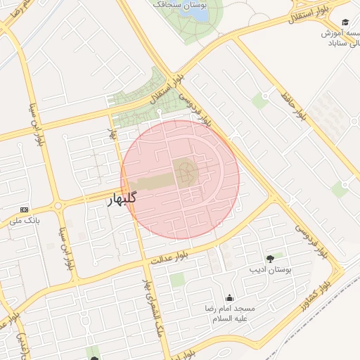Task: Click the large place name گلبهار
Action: [121, 198]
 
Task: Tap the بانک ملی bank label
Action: [22, 221]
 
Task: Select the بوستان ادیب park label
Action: [271, 270]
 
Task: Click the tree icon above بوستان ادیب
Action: [271, 259]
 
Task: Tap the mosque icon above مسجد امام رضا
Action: [230, 298]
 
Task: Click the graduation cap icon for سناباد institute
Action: [345, 22]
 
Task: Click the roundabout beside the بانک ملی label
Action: [57, 206]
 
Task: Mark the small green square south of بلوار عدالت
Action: [177, 280]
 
